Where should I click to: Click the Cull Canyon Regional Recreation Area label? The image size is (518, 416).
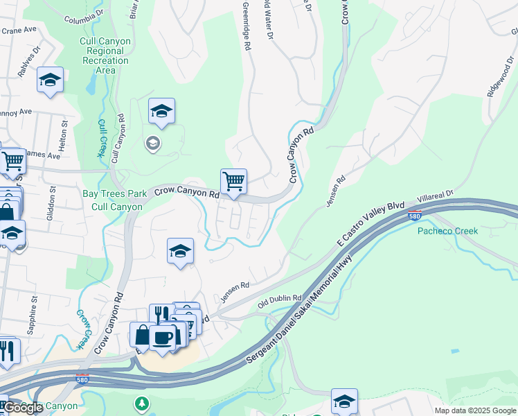tap(105, 55)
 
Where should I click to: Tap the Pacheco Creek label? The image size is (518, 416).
tap(447, 231)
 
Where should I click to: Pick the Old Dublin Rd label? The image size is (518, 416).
tap(280, 302)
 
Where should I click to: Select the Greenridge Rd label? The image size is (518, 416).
tap(245, 25)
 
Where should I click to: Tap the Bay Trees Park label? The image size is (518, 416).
tap(114, 193)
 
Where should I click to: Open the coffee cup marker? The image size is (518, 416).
tap(163, 338)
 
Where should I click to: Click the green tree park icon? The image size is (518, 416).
tap(141, 403)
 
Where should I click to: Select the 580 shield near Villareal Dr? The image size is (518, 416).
tap(415, 216)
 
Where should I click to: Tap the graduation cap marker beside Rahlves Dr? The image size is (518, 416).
tap(50, 80)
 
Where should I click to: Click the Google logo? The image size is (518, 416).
tap(23, 408)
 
